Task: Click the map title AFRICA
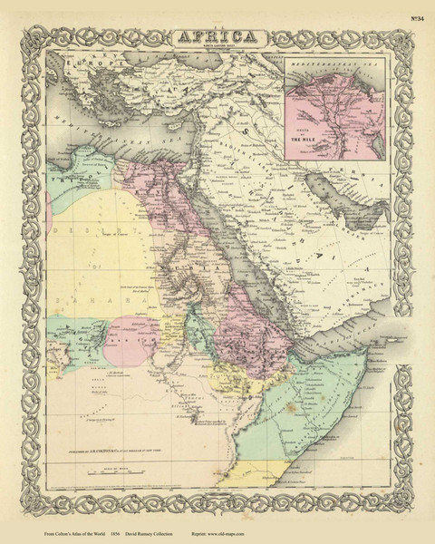[x=217, y=36]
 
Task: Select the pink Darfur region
[x=131, y=340]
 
